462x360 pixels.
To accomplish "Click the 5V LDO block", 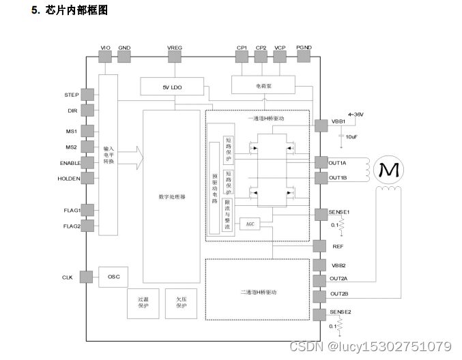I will tap(172, 86).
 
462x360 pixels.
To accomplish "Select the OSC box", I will tap(114, 277).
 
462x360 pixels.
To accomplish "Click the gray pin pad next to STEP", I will tap(87, 95).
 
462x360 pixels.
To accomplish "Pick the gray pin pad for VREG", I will tap(175, 57).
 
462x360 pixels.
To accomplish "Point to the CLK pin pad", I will tap(87, 277).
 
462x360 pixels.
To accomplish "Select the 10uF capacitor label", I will tap(351, 136).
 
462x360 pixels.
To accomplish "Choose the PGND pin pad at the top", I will tap(304, 57).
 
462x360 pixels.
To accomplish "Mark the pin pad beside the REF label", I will tap(320, 246).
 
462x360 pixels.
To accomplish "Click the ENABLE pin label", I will tap(69, 163).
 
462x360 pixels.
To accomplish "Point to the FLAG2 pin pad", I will tap(87, 226).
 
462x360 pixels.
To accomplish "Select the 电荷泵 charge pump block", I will tap(263, 86).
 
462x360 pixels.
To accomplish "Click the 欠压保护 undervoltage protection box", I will tap(182, 303).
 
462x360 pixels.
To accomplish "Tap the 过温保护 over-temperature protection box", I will tap(143, 303).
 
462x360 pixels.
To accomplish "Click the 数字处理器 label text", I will tap(172, 196).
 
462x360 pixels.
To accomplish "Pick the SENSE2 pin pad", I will tap(320, 314).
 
